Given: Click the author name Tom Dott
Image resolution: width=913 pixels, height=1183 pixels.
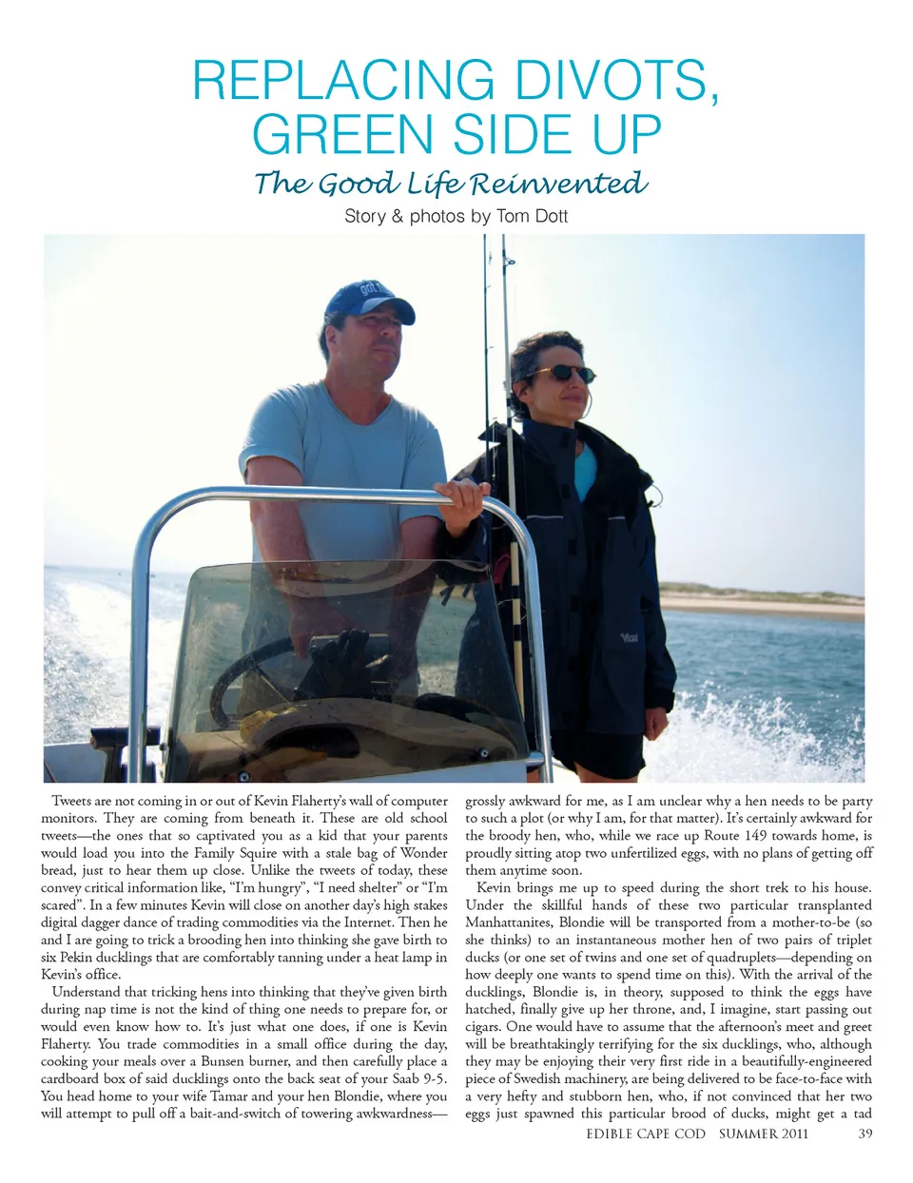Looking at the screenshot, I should tap(532, 216).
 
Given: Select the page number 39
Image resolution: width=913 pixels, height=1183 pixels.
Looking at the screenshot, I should tap(864, 1133).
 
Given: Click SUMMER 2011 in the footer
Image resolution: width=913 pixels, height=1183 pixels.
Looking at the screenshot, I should tap(764, 1133).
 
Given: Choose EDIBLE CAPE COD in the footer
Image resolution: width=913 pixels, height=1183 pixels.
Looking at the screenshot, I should tap(646, 1133).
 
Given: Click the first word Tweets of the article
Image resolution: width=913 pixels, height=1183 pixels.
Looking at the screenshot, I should tap(71, 801).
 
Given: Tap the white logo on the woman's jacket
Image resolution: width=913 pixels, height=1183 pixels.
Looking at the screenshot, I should tap(629, 638).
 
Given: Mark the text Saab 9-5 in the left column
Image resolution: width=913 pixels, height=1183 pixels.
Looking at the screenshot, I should tap(419, 1078).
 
